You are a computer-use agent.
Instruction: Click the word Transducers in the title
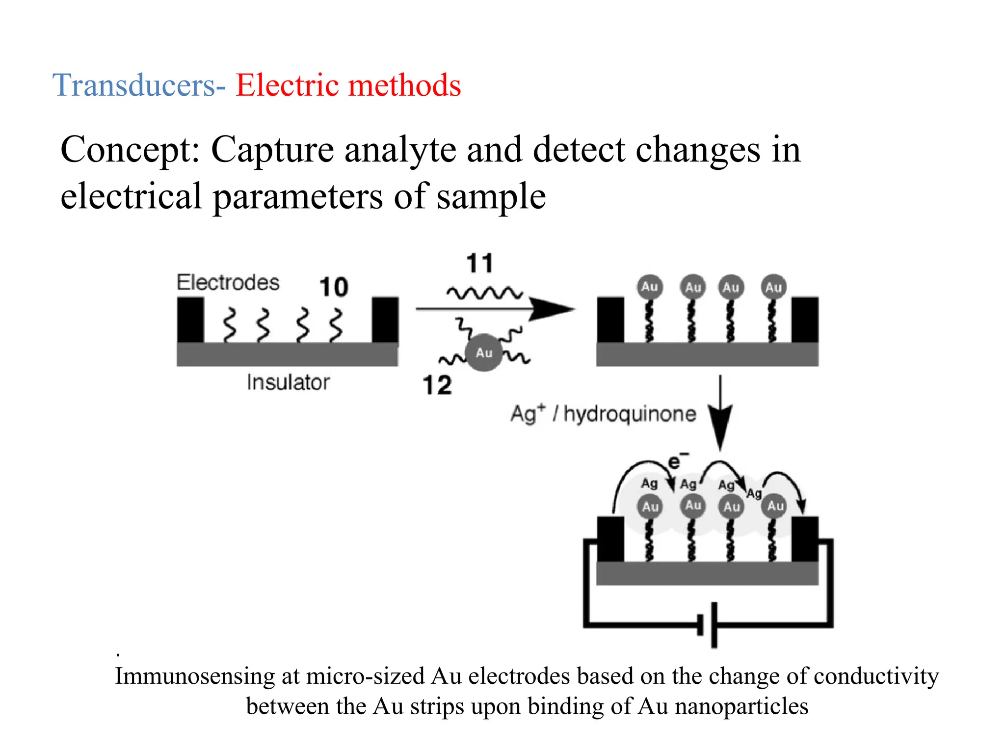click(133, 85)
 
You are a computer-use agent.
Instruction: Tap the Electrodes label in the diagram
click(228, 283)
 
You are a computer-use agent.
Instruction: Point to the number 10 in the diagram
click(334, 287)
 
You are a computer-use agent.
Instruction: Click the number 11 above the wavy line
click(479, 263)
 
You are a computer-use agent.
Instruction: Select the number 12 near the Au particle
click(437, 385)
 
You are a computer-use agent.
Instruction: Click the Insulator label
click(288, 382)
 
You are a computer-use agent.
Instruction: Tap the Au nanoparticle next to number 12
click(484, 352)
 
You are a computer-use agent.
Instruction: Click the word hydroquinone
click(630, 414)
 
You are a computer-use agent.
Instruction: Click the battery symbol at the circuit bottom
click(708, 625)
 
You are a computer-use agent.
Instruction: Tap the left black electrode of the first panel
click(190, 320)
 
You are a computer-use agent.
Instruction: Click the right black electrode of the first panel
click(385, 320)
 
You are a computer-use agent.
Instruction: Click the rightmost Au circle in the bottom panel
click(775, 506)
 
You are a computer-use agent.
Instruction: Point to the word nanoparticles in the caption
click(741, 707)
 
